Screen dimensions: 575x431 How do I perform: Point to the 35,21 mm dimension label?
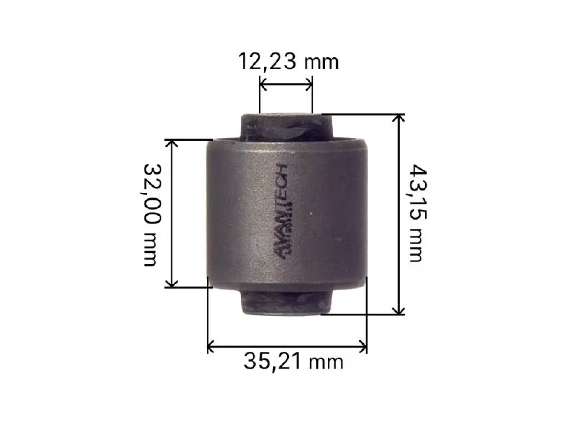pos(293,362)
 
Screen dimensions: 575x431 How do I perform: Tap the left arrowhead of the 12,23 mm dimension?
pos(263,85)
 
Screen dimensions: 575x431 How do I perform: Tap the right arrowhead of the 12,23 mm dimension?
pos(309,85)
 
